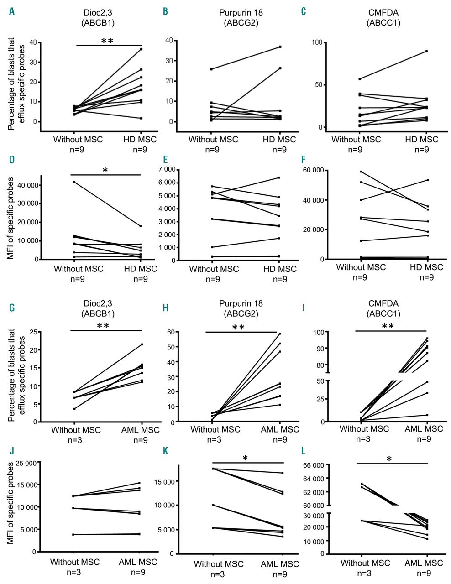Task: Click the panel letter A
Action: pos(12,12)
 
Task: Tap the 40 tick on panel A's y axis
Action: pos(31,42)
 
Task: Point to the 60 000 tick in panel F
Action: pos(312,170)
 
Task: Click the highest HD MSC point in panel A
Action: pos(141,49)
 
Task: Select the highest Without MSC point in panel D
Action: pos(74,182)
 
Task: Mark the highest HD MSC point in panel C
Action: pos(426,51)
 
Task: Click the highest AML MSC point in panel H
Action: pos(280,334)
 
